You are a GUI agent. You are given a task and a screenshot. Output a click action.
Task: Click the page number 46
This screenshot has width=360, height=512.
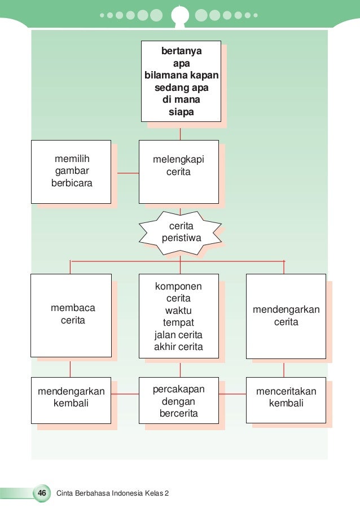(41, 493)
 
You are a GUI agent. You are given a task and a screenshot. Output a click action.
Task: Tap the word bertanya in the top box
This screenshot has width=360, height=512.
(181, 51)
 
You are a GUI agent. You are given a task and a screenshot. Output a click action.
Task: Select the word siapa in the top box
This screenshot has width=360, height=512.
(181, 112)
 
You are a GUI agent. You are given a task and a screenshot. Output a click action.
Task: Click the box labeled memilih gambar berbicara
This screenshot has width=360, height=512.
(71, 172)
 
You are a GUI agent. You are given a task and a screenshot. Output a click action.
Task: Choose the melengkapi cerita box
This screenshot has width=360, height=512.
(178, 172)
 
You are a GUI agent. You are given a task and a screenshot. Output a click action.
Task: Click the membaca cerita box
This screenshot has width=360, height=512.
(71, 315)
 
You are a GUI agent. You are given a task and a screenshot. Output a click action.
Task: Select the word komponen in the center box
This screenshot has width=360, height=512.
(178, 286)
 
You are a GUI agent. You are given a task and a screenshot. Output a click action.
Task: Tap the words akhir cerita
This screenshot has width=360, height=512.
(178, 347)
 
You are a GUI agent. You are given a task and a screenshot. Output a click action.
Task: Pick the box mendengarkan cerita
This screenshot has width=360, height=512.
(286, 315)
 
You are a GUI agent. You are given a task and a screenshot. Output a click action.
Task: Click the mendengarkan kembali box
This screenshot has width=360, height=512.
(71, 400)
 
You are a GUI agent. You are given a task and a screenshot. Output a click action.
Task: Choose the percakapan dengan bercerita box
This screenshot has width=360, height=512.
(178, 400)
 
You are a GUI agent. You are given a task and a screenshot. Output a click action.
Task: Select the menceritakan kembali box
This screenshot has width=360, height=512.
(286, 400)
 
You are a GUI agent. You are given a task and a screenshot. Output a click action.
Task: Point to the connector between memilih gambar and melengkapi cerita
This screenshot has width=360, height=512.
(125, 173)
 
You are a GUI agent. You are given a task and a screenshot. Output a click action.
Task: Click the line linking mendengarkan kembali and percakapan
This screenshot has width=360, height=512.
(125, 393)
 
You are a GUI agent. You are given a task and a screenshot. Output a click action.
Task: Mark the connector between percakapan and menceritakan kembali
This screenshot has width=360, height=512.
(232, 393)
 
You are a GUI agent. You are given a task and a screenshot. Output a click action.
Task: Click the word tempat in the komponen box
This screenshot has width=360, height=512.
(178, 323)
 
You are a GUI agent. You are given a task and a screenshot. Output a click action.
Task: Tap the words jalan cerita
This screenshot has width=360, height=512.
(178, 335)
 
